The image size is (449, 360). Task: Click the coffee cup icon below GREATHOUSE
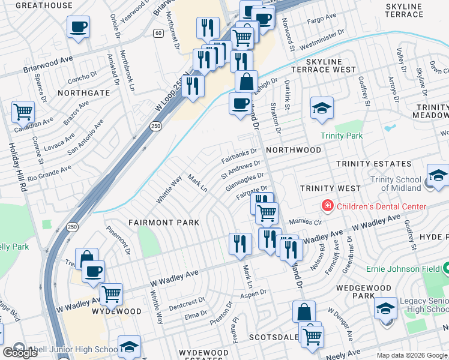pos(79,27)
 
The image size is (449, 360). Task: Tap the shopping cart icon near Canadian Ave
pos(23,111)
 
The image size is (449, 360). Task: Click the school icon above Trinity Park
pos(322,108)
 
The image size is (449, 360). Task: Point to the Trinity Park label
pos(341,136)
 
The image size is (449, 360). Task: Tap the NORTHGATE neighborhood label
pos(84,93)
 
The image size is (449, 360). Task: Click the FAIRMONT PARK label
pos(163,222)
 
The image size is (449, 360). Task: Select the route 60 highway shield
pos(158,32)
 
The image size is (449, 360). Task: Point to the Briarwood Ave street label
pos(48,65)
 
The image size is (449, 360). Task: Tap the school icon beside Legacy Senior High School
pos(385,308)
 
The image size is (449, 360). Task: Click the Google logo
pos(20,353)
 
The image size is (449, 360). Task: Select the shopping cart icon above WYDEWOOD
pos(111,294)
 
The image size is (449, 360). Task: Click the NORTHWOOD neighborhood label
pos(294,150)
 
